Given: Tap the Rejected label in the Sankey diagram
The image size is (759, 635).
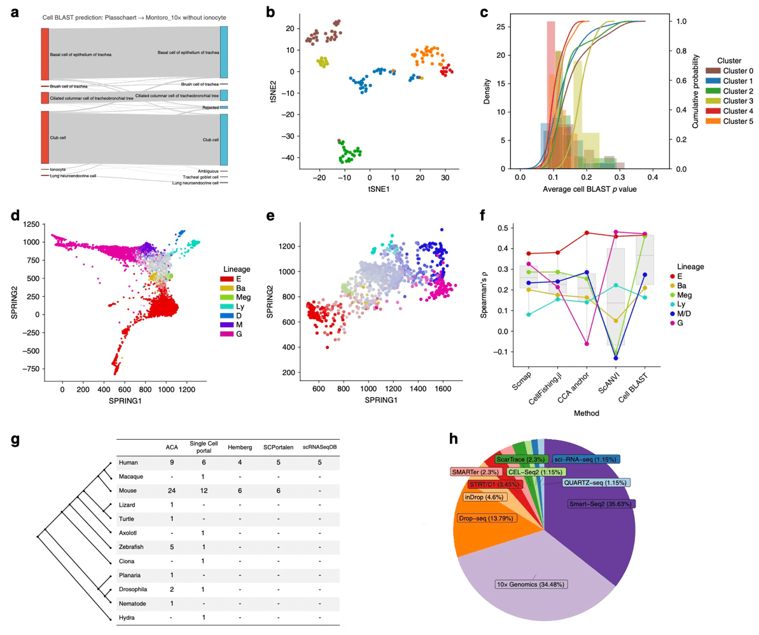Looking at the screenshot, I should pos(211,107).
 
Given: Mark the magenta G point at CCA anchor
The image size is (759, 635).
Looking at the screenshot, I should pos(587,343).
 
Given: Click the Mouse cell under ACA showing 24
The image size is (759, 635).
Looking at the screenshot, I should pos(172,491).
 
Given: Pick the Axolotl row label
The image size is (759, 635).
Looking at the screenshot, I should pos(130,531).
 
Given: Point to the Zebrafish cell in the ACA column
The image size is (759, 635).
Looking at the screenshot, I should pos(172,546).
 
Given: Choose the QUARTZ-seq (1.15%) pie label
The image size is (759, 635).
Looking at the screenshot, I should pos(595,482).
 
